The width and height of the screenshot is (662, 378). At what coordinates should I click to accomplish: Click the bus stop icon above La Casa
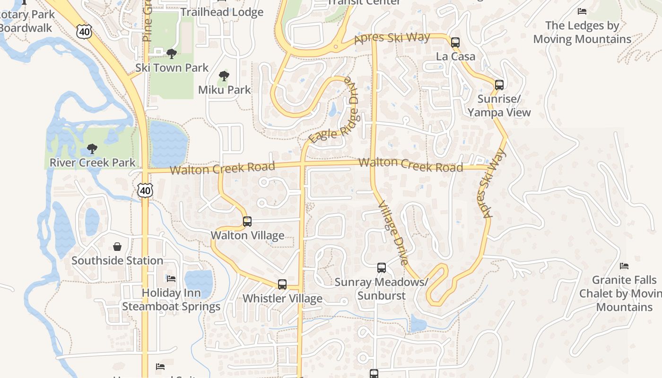[455, 43]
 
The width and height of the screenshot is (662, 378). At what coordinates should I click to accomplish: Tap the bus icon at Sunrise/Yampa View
[499, 85]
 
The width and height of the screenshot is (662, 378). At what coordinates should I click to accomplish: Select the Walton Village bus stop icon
[247, 221]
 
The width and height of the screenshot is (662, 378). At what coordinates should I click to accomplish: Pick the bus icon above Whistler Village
[282, 284]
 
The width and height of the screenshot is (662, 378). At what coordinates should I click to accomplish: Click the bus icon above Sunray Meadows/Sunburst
[382, 268]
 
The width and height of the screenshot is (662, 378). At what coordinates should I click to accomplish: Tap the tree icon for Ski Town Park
[172, 54]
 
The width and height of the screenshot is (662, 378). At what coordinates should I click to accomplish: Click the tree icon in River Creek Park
[92, 149]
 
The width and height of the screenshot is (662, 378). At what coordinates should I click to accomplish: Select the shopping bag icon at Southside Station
[117, 247]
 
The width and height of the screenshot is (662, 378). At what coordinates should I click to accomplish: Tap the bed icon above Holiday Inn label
[171, 279]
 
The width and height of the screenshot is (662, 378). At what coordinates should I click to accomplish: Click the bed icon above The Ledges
[582, 11]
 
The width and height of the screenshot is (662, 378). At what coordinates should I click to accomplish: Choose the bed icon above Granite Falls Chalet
[624, 266]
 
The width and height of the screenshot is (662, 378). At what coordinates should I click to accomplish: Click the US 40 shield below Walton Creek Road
[145, 190]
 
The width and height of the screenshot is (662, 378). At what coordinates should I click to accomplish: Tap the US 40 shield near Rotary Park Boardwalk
[83, 31]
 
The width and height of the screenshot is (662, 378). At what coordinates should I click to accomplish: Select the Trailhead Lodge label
[222, 12]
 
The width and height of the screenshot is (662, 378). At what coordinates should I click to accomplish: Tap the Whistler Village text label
[282, 299]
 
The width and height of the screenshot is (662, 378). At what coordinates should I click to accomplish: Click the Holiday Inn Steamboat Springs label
[171, 300]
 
